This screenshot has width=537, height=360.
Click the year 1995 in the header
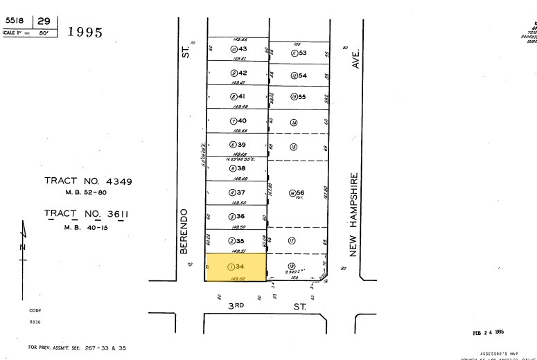tap(85, 33)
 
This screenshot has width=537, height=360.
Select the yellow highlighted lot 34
tap(236, 267)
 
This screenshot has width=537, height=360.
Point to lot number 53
tap(302, 53)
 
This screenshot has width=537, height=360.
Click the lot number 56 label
tap(302, 192)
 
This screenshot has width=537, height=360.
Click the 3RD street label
tap(238, 305)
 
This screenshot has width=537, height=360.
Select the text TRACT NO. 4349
tap(88, 181)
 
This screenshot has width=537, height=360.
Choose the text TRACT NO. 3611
tap(87, 215)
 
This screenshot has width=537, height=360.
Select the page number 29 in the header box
tap(44, 23)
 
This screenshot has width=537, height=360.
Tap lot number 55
tap(302, 97)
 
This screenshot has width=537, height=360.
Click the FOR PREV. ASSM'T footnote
tap(77, 347)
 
